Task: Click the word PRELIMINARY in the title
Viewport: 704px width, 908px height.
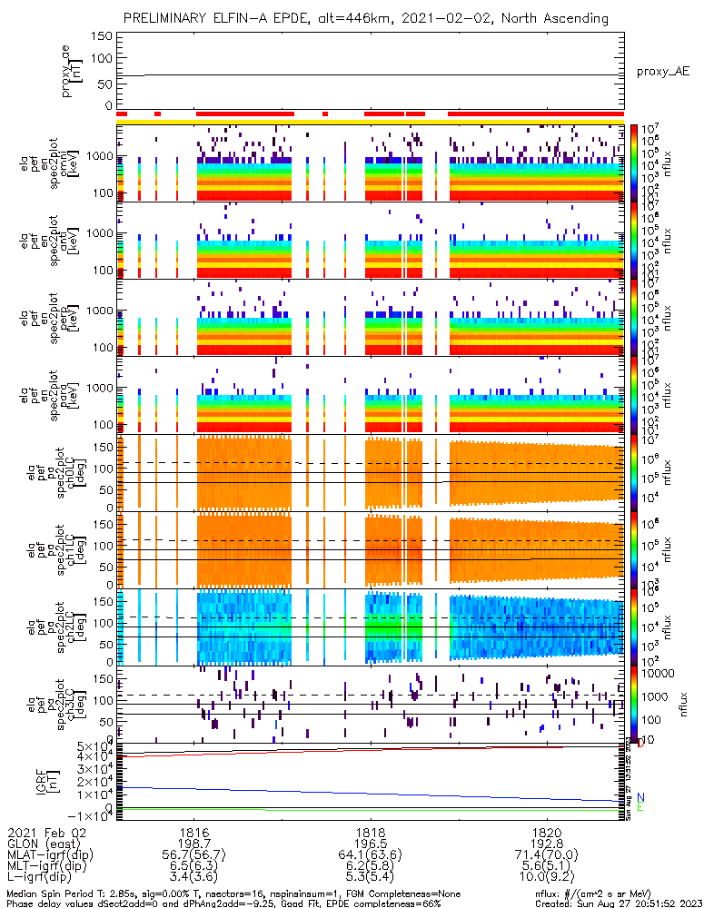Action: [168, 17]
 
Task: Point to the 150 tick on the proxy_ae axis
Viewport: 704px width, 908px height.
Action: [102, 36]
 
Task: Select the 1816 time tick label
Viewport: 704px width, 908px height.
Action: [195, 832]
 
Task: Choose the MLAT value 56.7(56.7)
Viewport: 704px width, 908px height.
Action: [195, 857]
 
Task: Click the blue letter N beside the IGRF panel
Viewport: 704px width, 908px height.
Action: [640, 796]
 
